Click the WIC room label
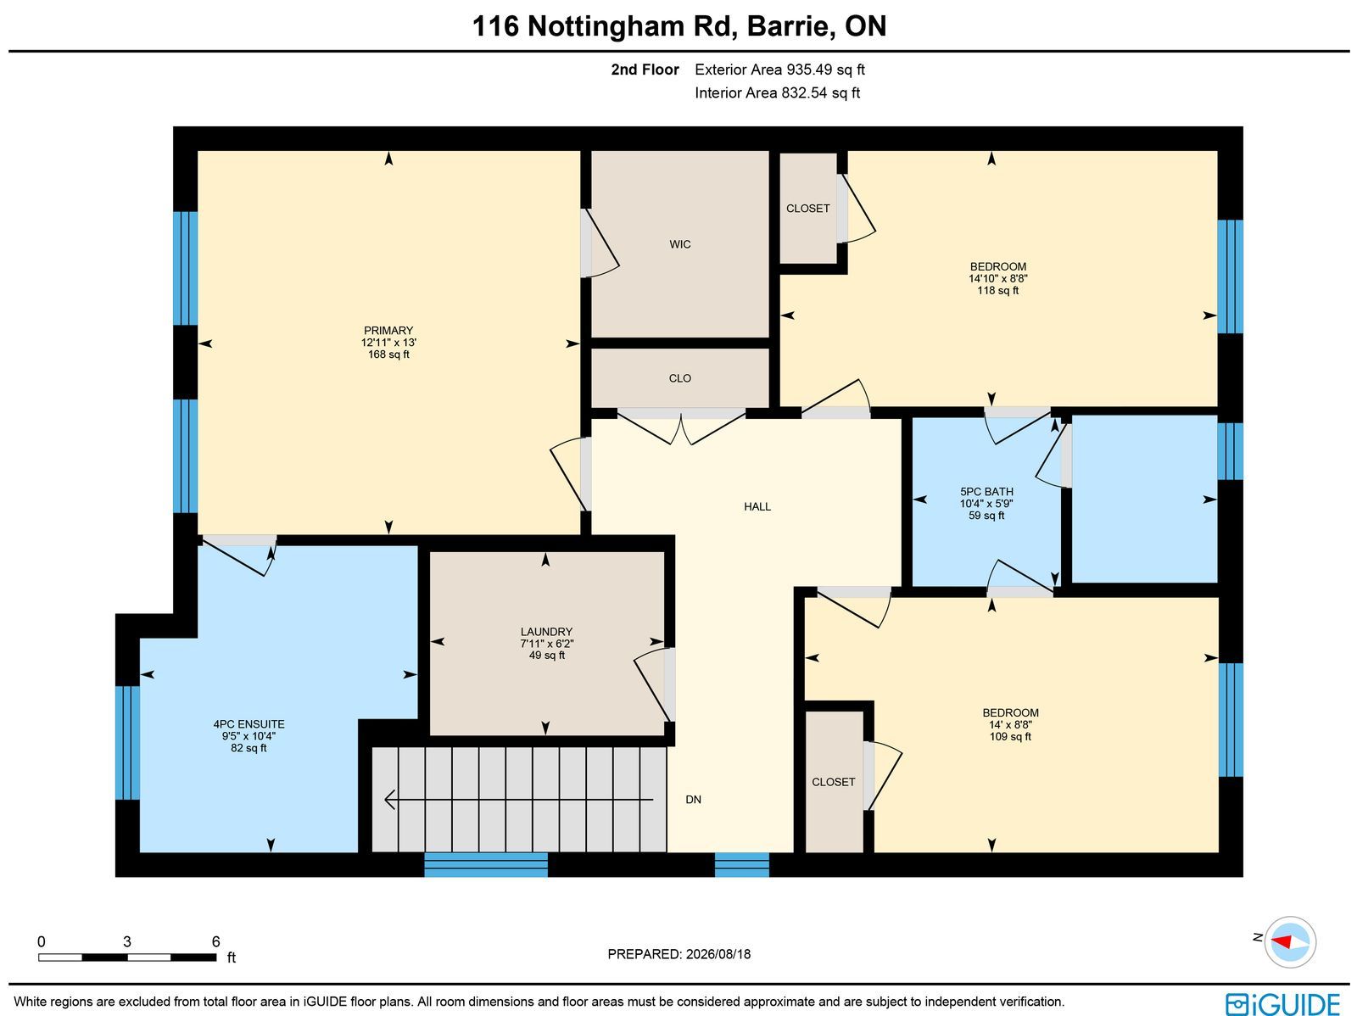(x=679, y=244)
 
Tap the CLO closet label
(x=679, y=378)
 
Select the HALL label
(x=757, y=507)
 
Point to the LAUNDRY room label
(x=546, y=632)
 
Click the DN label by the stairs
(x=693, y=799)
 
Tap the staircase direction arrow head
(x=389, y=799)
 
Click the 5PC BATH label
(x=986, y=491)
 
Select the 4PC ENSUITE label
(x=249, y=723)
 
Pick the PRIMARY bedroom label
(x=388, y=331)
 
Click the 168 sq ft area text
(x=388, y=354)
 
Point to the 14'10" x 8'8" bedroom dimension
(x=997, y=279)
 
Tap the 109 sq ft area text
(x=1009, y=736)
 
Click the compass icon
(x=1290, y=942)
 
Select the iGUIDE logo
(x=1283, y=1003)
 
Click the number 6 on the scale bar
(x=215, y=941)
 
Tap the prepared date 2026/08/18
(x=718, y=953)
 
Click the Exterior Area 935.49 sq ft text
(x=779, y=70)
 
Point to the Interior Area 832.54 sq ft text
(x=777, y=92)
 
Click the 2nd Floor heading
(x=645, y=70)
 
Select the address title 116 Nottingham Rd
(x=604, y=26)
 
